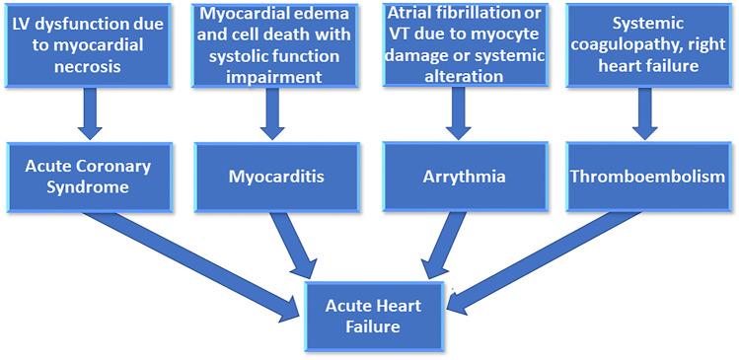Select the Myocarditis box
(x=275, y=178)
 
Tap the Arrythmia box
(x=456, y=178)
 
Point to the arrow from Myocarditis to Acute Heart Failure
(x=293, y=245)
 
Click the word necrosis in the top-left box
(x=89, y=65)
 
